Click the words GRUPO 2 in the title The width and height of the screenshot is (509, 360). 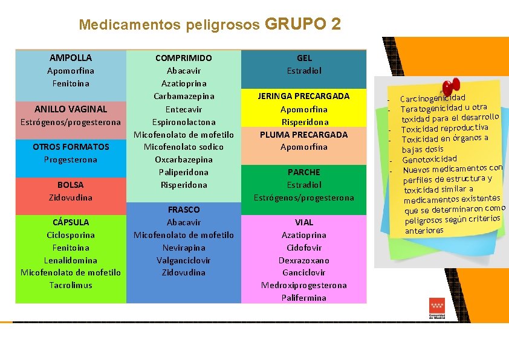(x=302, y=24)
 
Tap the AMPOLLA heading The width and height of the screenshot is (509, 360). (x=71, y=58)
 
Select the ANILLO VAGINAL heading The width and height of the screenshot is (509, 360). (x=71, y=109)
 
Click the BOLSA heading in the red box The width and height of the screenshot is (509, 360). (x=71, y=185)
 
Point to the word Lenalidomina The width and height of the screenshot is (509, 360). (x=71, y=260)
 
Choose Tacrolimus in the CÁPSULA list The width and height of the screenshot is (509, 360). (x=71, y=285)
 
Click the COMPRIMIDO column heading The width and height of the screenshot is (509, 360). (x=184, y=58)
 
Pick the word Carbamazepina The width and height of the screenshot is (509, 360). (x=184, y=96)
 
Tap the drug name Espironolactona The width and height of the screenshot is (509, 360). (x=184, y=121)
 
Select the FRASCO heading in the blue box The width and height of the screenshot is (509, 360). (x=184, y=210)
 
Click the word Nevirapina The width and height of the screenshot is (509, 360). (x=184, y=248)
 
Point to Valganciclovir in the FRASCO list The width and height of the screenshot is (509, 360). (x=184, y=260)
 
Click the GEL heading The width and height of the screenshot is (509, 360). (x=305, y=58)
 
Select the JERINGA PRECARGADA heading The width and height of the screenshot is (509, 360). (x=304, y=96)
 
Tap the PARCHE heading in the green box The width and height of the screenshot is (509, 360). (x=304, y=172)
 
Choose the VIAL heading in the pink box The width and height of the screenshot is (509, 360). (x=304, y=222)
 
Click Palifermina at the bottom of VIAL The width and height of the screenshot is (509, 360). (x=304, y=298)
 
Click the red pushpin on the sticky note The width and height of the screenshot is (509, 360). (x=449, y=88)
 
